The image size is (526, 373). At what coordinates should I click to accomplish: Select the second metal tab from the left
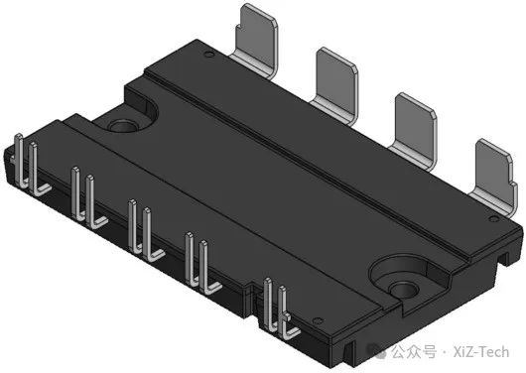(x=336, y=83)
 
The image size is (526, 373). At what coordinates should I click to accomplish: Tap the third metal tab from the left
(x=415, y=129)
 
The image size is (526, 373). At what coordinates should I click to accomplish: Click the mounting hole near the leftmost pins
(x=122, y=127)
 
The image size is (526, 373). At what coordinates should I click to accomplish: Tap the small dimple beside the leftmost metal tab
(x=209, y=54)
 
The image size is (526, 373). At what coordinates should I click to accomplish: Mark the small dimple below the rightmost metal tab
(x=494, y=219)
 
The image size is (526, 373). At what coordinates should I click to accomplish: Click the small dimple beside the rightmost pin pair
(x=317, y=321)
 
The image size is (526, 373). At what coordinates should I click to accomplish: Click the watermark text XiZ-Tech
(x=481, y=352)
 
